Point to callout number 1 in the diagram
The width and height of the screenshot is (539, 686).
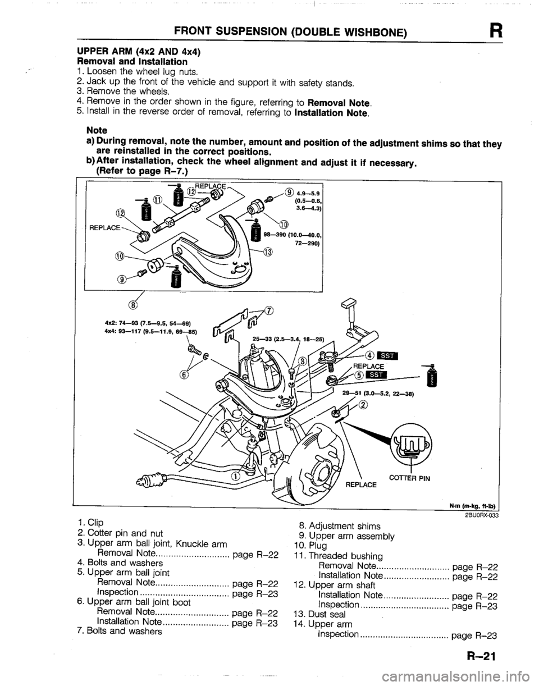pyautogui.click(x=235, y=476)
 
